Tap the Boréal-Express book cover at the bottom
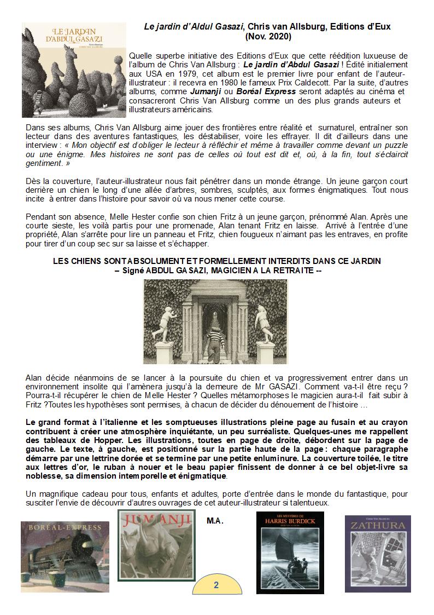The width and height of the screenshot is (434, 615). click(62, 556)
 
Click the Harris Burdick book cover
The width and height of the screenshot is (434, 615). click(290, 553)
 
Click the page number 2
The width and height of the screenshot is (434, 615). click(216, 585)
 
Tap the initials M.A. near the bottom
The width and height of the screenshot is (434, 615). click(215, 520)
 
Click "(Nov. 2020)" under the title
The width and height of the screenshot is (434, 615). click(268, 36)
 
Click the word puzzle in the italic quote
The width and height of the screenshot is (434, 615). click(394, 145)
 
